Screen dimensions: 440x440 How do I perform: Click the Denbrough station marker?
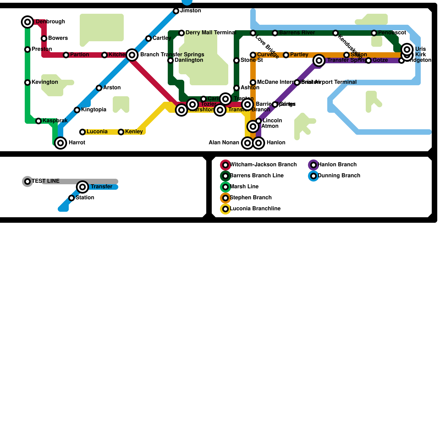(28, 22)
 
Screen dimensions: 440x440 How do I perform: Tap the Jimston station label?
(191, 11)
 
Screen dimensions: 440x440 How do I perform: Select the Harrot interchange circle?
(61, 143)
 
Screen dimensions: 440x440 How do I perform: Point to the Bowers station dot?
(44, 38)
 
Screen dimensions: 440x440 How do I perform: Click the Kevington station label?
(45, 82)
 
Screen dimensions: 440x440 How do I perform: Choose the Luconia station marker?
(82, 132)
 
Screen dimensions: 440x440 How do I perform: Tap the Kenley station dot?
(121, 132)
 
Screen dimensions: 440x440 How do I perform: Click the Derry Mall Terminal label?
(211, 33)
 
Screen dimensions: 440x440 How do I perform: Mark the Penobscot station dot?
(374, 33)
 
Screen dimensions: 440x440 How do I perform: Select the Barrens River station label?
(297, 33)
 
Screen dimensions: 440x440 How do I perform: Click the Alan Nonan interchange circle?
(248, 143)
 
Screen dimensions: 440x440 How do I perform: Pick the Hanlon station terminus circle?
(258, 143)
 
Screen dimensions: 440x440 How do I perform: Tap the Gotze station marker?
(369, 61)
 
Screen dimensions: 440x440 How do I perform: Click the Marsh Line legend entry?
(244, 187)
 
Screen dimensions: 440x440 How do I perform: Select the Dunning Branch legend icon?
(313, 176)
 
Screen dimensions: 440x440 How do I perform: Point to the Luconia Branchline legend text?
(255, 209)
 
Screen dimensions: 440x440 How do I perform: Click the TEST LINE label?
(46, 181)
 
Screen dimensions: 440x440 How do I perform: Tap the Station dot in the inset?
(71, 198)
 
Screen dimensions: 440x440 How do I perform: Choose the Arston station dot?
(99, 88)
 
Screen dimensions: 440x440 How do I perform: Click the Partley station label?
(299, 55)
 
